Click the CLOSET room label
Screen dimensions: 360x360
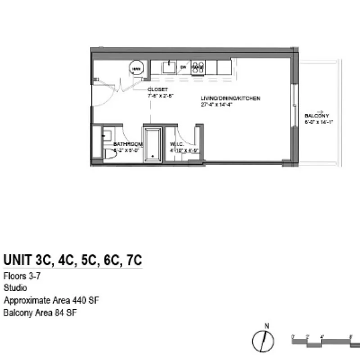[157, 90]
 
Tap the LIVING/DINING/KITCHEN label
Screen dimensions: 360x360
[230, 99]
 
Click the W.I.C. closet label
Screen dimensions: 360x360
[176, 144]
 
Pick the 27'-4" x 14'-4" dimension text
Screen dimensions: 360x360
[217, 104]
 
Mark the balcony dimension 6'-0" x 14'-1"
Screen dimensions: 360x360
[318, 121]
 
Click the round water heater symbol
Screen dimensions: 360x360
[136, 68]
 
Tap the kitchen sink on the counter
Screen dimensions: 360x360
[169, 67]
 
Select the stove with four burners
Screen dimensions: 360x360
[197, 67]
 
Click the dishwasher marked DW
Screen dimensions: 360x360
[183, 67]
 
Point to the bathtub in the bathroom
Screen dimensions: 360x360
[152, 143]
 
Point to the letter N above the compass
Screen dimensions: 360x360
[266, 326]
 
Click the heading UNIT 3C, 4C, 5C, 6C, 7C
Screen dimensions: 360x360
[73, 261]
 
